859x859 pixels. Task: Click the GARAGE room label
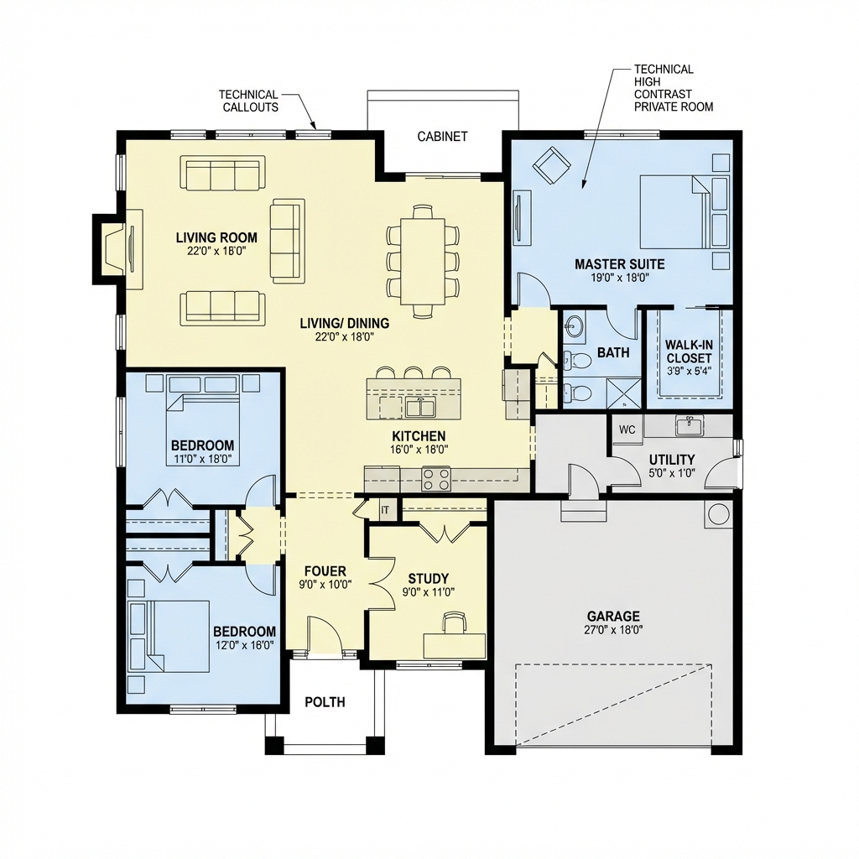click(613, 615)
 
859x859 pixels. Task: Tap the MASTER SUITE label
click(612, 264)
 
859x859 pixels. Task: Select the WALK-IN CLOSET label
click(688, 351)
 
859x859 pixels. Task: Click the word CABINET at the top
click(442, 137)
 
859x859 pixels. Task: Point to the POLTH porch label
click(325, 701)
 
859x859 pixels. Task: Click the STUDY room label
click(428, 578)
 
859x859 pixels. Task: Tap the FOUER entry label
click(325, 571)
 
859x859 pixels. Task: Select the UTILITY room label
click(671, 459)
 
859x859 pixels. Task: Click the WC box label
click(627, 429)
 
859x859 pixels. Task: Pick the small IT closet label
click(385, 509)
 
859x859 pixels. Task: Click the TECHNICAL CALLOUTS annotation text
click(248, 101)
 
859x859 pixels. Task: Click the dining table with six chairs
click(423, 260)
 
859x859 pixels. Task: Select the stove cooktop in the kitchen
click(435, 479)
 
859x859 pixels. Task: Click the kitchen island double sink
click(419, 408)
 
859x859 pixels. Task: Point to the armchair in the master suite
click(553, 165)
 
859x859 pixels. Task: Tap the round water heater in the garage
click(718, 514)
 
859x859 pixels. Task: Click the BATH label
click(613, 352)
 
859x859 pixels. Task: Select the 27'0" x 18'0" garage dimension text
click(613, 629)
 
